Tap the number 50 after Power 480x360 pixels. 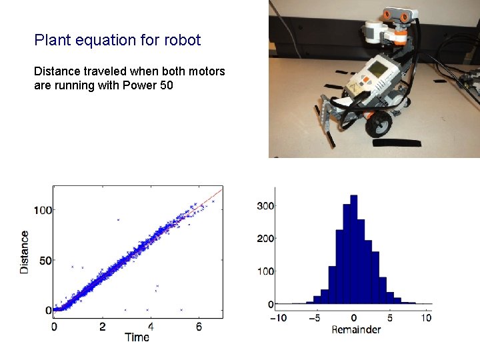165,85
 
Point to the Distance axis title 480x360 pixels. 25,251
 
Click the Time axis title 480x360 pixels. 137,337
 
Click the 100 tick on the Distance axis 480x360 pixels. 43,210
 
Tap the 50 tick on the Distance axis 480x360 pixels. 46,260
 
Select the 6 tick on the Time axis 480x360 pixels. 199,327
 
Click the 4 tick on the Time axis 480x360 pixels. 151,327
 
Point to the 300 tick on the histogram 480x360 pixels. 266,205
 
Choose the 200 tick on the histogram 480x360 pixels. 266,239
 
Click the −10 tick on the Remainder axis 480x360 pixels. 278,318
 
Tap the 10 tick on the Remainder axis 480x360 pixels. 427,318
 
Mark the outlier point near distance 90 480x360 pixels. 118,219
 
